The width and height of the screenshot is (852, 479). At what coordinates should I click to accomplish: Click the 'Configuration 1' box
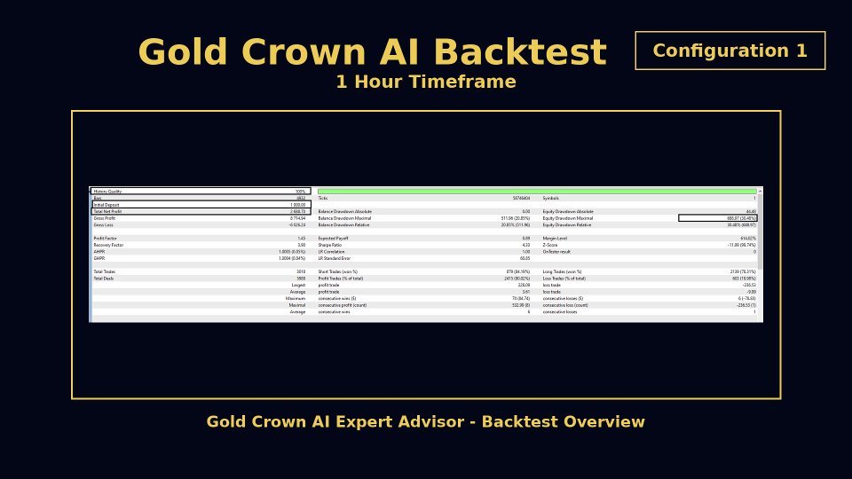[730, 51]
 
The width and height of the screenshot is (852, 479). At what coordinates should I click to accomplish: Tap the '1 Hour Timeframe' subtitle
[425, 82]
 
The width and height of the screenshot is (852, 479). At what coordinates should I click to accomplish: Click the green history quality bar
[536, 191]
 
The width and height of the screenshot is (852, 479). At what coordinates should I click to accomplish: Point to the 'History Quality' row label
[107, 192]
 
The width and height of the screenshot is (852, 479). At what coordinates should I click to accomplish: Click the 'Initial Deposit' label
[106, 205]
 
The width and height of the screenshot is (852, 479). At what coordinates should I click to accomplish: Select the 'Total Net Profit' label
[108, 212]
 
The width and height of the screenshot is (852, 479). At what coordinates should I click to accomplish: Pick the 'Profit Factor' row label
[106, 239]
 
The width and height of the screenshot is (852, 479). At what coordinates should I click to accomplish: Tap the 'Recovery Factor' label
[107, 245]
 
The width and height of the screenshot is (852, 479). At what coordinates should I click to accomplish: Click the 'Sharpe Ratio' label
[331, 245]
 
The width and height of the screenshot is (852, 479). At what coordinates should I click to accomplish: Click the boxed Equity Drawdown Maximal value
[717, 218]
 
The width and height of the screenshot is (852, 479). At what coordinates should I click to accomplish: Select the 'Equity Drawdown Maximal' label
[567, 218]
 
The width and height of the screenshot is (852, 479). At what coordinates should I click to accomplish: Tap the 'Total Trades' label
[105, 271]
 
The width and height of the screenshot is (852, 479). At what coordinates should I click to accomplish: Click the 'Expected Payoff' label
[334, 239]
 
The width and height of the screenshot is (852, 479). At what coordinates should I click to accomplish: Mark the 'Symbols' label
[552, 198]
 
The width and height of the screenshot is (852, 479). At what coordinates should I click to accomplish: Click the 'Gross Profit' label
[105, 218]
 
